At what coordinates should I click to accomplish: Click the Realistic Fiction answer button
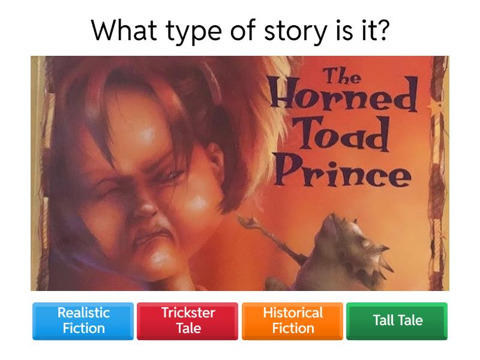pos(83,320)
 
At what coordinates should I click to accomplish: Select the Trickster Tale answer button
pos(188,320)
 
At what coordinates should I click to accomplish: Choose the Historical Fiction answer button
pos(293,320)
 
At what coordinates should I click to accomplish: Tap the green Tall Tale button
pos(397,320)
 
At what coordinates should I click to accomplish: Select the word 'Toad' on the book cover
pos(343,136)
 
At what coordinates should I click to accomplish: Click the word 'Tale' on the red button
pos(188,328)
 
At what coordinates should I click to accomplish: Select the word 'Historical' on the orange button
pos(293,313)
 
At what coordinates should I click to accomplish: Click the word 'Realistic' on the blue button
pos(83,313)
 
